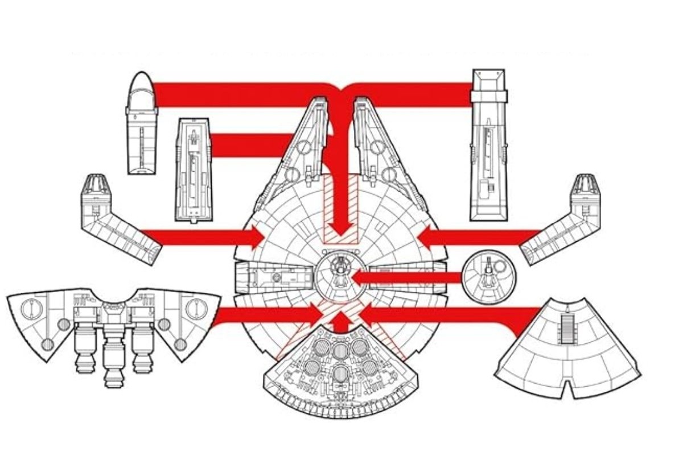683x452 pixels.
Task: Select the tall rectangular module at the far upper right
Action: (488, 145)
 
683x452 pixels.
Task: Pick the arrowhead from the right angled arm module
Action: (427, 236)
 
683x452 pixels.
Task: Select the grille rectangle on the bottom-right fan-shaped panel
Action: (568, 329)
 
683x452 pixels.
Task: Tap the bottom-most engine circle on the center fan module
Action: (340, 374)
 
